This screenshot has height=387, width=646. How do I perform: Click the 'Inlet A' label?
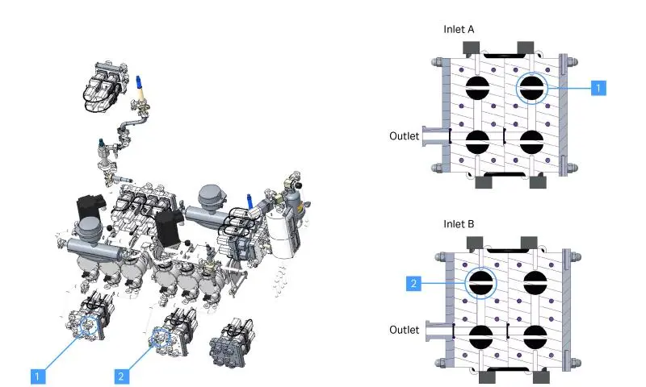(x=459, y=30)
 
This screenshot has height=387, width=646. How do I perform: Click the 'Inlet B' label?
(x=459, y=223)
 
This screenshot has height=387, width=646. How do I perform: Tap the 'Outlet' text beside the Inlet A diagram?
(x=404, y=136)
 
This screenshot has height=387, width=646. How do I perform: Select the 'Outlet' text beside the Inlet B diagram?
(x=404, y=330)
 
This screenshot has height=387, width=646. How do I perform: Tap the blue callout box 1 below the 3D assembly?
(x=36, y=375)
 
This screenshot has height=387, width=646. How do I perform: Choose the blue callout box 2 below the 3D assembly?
(x=120, y=375)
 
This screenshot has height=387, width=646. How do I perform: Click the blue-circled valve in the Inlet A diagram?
(x=531, y=89)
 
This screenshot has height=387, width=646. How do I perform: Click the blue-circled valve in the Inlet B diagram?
(x=480, y=282)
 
